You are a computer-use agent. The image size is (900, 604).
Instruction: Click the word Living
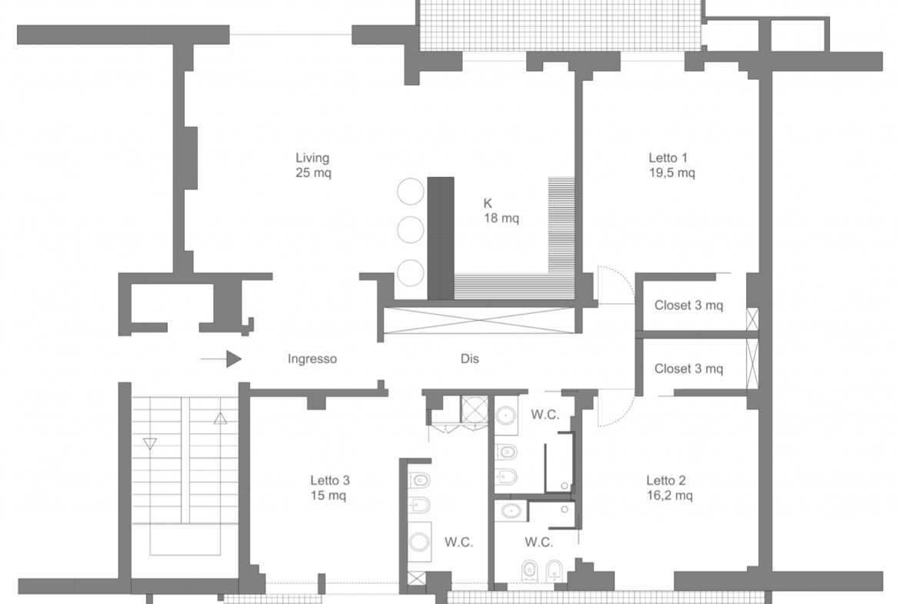(312, 158)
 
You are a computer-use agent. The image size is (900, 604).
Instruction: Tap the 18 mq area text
(501, 219)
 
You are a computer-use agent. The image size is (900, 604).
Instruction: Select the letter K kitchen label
(488, 203)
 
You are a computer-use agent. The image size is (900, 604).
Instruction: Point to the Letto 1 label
(668, 158)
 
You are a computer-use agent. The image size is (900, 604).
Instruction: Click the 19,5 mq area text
(672, 173)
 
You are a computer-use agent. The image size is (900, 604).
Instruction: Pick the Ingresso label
(312, 359)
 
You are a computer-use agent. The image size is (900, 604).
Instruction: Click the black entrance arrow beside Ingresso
(221, 359)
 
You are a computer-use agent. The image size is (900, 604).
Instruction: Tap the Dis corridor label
(469, 359)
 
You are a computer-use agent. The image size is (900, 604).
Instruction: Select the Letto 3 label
(330, 481)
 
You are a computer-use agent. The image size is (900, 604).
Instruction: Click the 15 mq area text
(328, 496)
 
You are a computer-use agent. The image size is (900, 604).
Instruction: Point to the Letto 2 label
(666, 481)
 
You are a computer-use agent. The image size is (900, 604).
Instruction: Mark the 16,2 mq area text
(669, 496)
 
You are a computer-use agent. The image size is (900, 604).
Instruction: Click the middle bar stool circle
(411, 229)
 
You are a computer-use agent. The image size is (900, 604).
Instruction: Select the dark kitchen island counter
(441, 239)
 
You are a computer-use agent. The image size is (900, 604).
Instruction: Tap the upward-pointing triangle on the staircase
(221, 419)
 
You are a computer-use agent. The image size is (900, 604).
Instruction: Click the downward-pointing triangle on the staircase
(150, 444)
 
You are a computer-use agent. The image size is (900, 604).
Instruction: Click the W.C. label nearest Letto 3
(458, 542)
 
